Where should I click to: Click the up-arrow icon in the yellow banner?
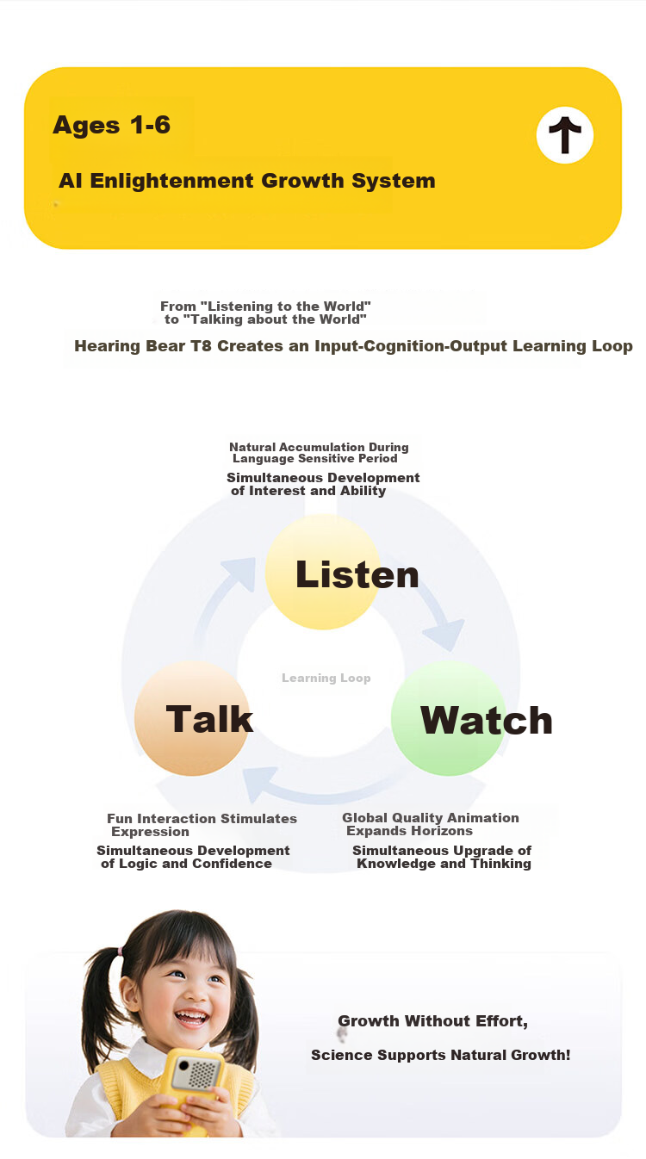[565, 135]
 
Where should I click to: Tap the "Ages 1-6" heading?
[112, 125]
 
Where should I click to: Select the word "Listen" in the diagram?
[357, 574]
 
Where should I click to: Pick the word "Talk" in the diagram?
[209, 719]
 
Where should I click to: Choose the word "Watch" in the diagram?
[487, 720]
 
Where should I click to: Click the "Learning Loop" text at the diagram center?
[326, 678]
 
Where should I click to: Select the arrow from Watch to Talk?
[321, 791]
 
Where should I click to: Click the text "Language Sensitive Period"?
[314, 458]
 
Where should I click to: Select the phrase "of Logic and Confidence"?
[186, 864]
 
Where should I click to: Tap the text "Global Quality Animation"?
[430, 817]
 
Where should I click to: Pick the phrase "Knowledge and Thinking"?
[444, 864]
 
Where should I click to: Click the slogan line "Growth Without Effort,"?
[432, 1021]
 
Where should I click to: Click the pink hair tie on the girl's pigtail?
[121, 951]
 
